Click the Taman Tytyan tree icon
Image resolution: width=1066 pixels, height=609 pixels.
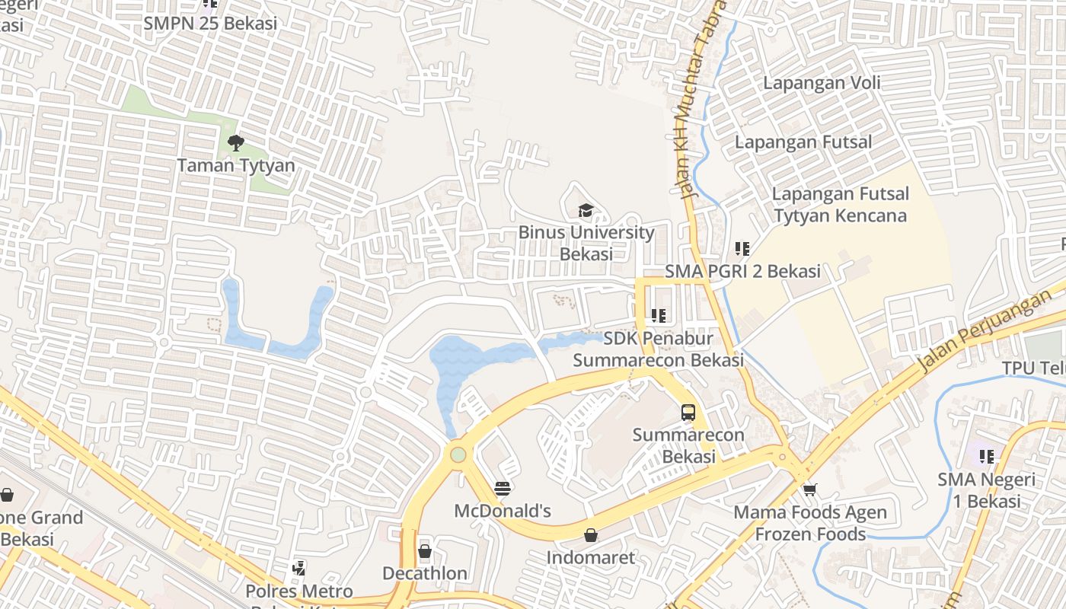pyautogui.click(x=236, y=142)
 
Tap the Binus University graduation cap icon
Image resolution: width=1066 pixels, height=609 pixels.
pyautogui.click(x=586, y=210)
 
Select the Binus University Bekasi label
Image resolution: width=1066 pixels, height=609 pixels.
pyautogui.click(x=586, y=243)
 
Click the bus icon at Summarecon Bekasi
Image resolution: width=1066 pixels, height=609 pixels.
pyautogui.click(x=688, y=413)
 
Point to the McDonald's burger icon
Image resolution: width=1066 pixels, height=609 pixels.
pyautogui.click(x=503, y=488)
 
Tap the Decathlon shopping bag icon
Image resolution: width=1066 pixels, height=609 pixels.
pyautogui.click(x=425, y=551)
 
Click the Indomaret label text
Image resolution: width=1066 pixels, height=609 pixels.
pyautogui.click(x=590, y=557)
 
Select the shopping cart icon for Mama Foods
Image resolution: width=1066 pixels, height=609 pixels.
pyautogui.click(x=809, y=489)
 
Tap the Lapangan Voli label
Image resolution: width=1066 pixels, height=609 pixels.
pyautogui.click(x=822, y=83)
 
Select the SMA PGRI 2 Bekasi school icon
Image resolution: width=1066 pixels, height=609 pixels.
pyautogui.click(x=742, y=249)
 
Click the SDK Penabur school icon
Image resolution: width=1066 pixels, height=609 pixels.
pyautogui.click(x=659, y=315)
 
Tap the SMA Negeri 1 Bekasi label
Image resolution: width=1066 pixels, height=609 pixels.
pyautogui.click(x=986, y=490)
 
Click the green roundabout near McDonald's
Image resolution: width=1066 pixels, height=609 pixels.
pyautogui.click(x=458, y=454)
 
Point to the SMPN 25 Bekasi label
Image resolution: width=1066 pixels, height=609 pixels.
pyautogui.click(x=210, y=23)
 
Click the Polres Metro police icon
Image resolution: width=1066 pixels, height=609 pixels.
pyautogui.click(x=299, y=568)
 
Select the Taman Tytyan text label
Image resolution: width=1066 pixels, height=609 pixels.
pyautogui.click(x=236, y=165)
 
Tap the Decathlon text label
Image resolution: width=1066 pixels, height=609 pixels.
pyautogui.click(x=425, y=573)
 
